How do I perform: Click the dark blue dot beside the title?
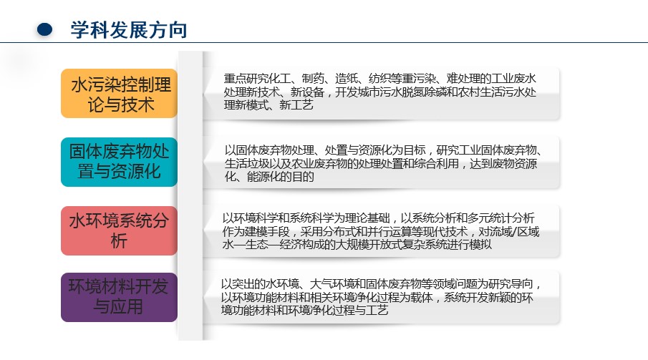(44, 29)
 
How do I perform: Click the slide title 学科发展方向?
(129, 30)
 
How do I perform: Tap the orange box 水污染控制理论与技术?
(119, 94)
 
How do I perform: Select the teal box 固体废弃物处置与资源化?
(119, 162)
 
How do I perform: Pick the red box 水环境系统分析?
(119, 230)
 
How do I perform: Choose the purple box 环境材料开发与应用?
(119, 297)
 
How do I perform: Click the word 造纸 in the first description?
(346, 79)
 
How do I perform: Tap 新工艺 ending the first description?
(296, 105)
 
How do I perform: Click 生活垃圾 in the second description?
(247, 164)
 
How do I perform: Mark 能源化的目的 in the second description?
(281, 177)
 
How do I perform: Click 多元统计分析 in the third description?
(501, 218)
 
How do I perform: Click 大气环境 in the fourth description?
(332, 284)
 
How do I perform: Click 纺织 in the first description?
(379, 79)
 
